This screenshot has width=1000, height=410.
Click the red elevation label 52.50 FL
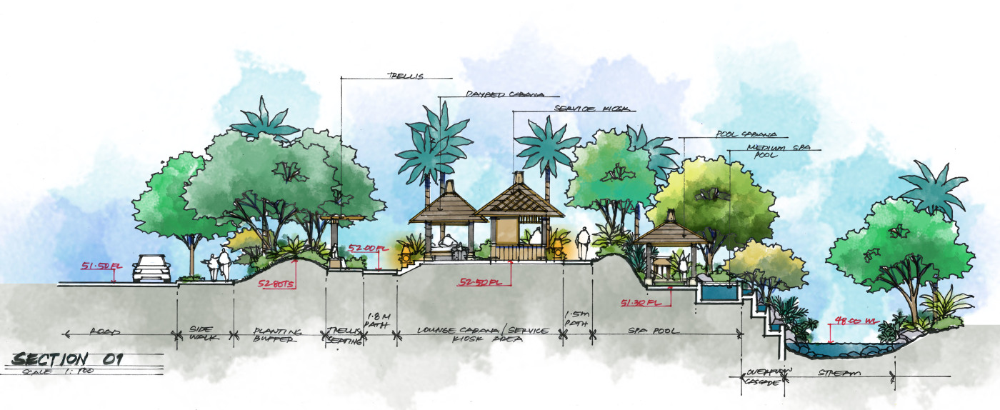(x=480, y=281)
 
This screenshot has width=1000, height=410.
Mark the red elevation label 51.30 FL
(x=641, y=301)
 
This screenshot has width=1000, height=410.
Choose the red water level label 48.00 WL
(x=854, y=321)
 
